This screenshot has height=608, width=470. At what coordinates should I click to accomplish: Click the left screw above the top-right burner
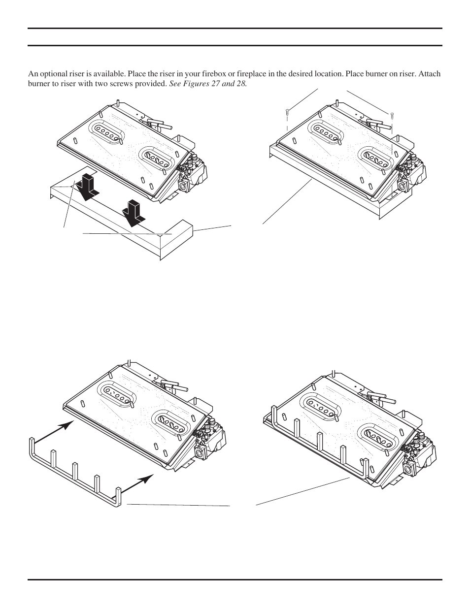pyautogui.click(x=287, y=114)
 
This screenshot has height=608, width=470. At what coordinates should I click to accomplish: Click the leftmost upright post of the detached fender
pyautogui.click(x=33, y=446)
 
